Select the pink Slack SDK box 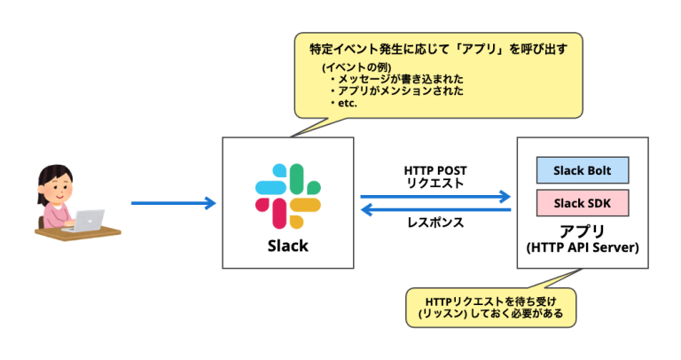point(581,203)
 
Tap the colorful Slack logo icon point(287,195)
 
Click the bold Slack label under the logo point(287,246)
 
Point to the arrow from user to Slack point(173,204)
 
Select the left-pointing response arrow point(435,210)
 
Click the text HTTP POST point(434,169)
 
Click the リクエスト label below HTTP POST point(434,184)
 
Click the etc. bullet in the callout point(348,104)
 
